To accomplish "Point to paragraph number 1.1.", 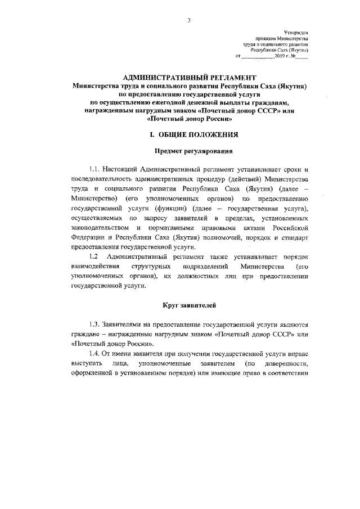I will [x=94, y=169].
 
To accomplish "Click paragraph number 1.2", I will [x=93, y=257].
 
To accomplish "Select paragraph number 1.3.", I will [x=94, y=324].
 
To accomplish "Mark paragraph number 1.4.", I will [x=94, y=353].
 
